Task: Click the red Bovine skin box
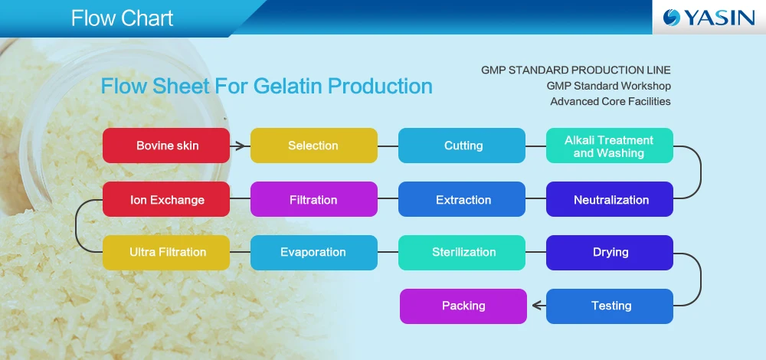166,146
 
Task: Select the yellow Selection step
314,146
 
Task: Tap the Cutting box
462,146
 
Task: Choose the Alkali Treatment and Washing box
610,146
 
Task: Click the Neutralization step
610,199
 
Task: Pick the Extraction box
462,199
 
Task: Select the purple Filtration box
314,199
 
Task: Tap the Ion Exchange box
166,199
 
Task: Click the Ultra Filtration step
166,253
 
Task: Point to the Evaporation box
314,253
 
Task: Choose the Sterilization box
462,253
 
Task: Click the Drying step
610,253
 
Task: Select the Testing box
610,306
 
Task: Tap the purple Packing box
463,306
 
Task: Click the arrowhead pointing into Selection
240,146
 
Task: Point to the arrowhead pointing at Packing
537,306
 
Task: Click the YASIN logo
709,18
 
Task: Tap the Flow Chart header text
122,18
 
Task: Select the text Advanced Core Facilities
611,102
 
